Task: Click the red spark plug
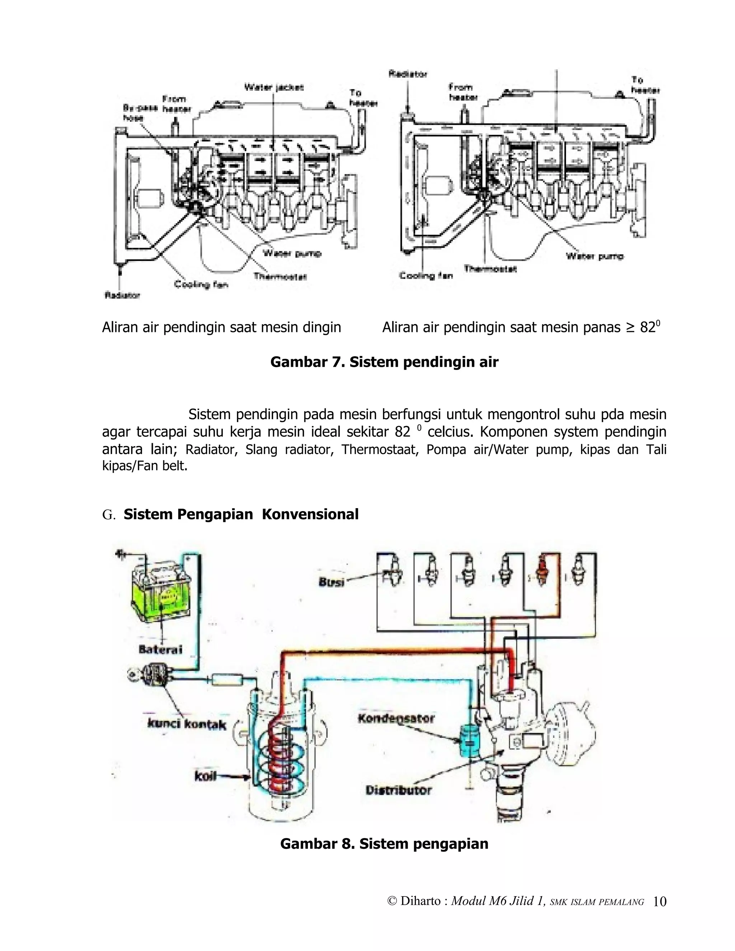pyautogui.click(x=542, y=571)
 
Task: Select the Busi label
pyautogui.click(x=332, y=582)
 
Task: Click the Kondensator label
pyautogui.click(x=396, y=718)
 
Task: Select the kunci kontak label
pyautogui.click(x=187, y=725)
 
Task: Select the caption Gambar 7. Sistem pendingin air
pyautogui.click(x=384, y=362)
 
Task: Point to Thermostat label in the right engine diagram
pyautogui.click(x=490, y=269)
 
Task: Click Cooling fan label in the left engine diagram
pyautogui.click(x=201, y=284)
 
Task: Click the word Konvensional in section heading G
pyautogui.click(x=310, y=514)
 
